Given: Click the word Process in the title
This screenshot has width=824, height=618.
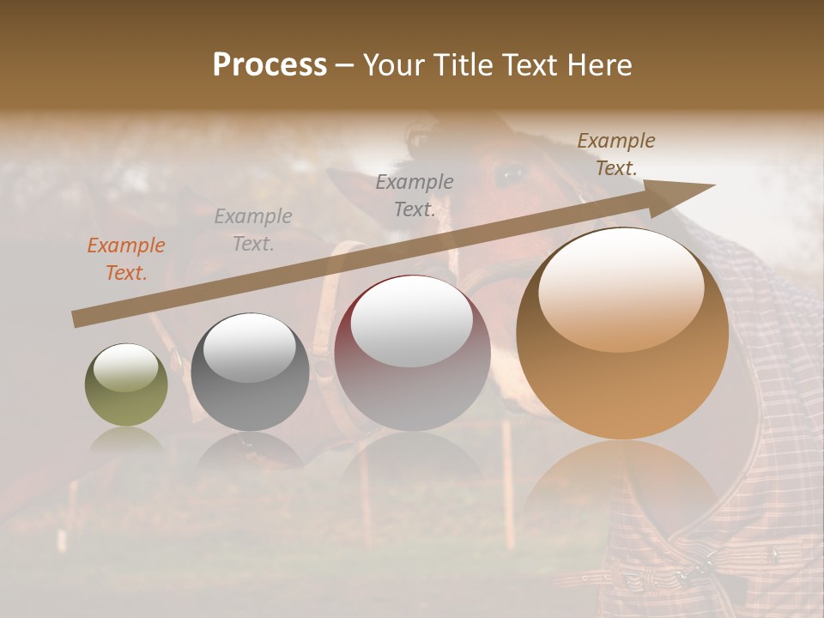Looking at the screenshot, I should (270, 65).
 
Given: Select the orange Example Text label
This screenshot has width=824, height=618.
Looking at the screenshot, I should (126, 259).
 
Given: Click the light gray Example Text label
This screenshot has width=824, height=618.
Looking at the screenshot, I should (253, 230).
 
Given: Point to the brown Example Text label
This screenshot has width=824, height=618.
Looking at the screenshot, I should (616, 154).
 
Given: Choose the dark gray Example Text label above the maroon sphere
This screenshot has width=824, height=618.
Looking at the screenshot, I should (415, 195).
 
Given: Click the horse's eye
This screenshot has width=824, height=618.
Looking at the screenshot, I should (512, 174).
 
